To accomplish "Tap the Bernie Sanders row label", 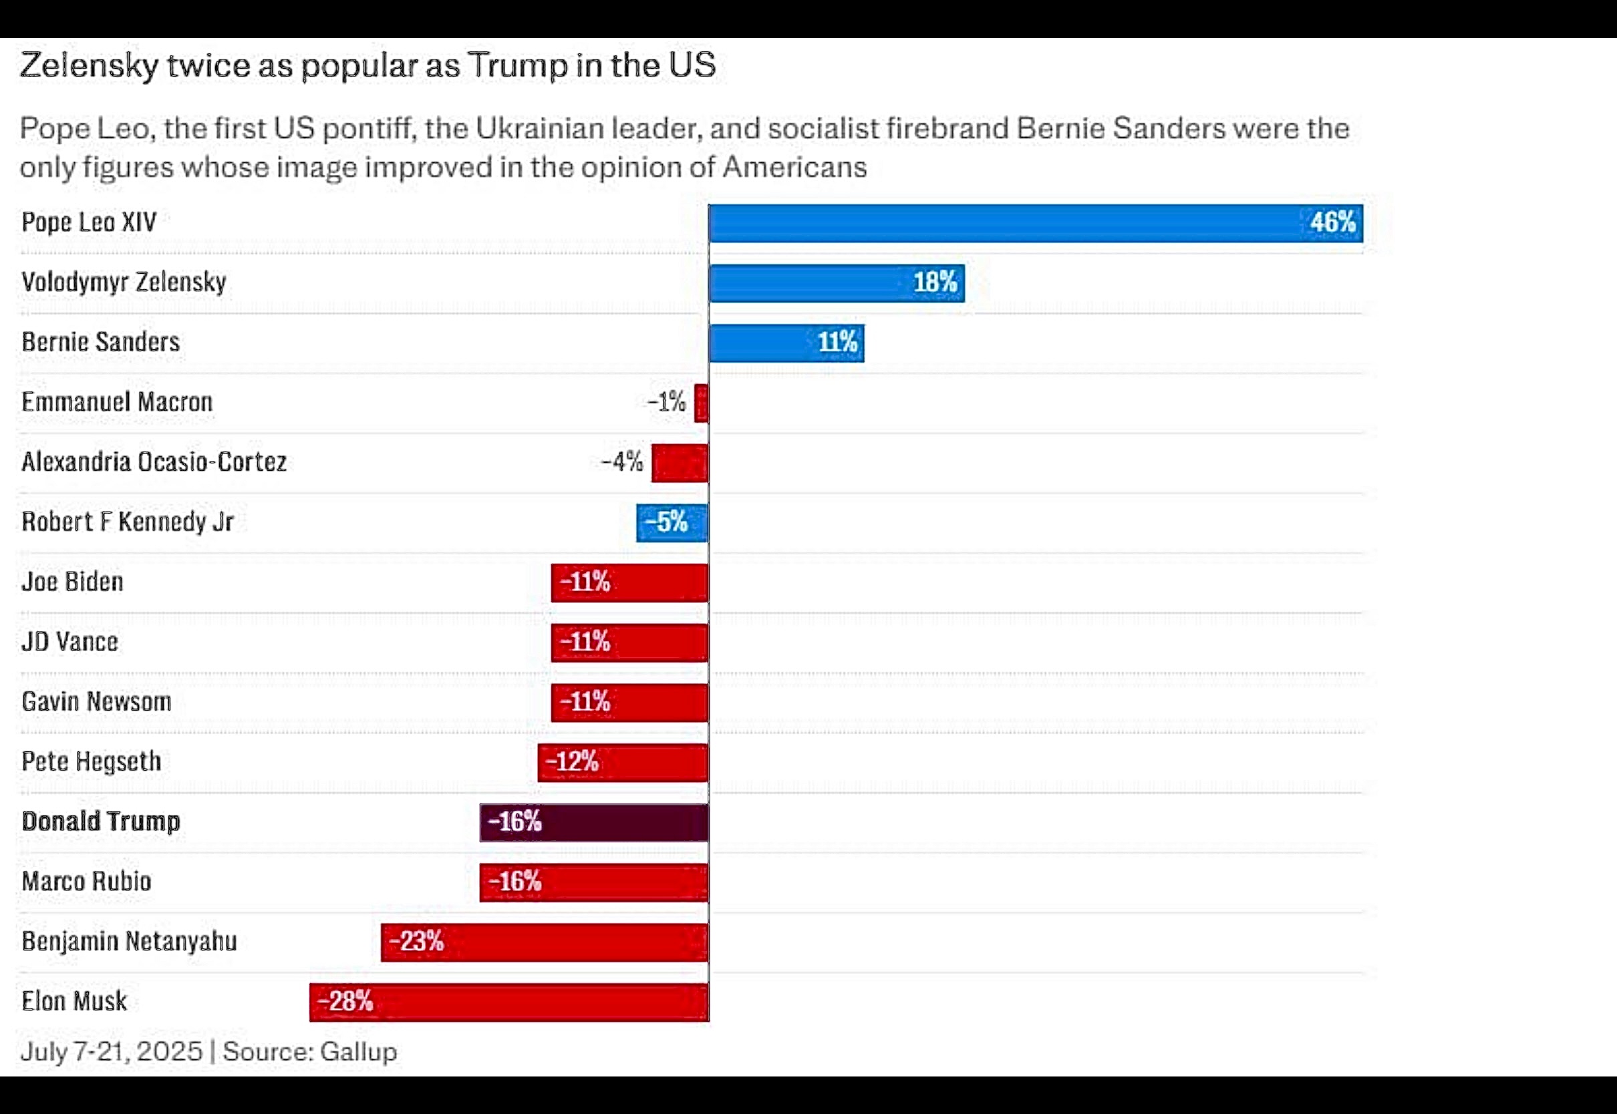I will coord(100,342).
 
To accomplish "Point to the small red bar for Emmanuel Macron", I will coord(701,403).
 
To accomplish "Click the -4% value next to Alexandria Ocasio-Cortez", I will coord(621,462).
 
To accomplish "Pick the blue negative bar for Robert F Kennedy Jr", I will coord(672,522).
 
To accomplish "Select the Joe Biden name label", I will coord(73,582).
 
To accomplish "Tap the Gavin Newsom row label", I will coord(96,701).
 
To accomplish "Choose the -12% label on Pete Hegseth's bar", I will coord(572,761).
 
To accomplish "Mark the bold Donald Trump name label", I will coord(100,821).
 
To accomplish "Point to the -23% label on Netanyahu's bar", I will coord(416,942).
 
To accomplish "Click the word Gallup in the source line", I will coord(358,1051).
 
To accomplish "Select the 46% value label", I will coord(1332,222).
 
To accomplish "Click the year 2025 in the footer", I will coord(170,1051).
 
